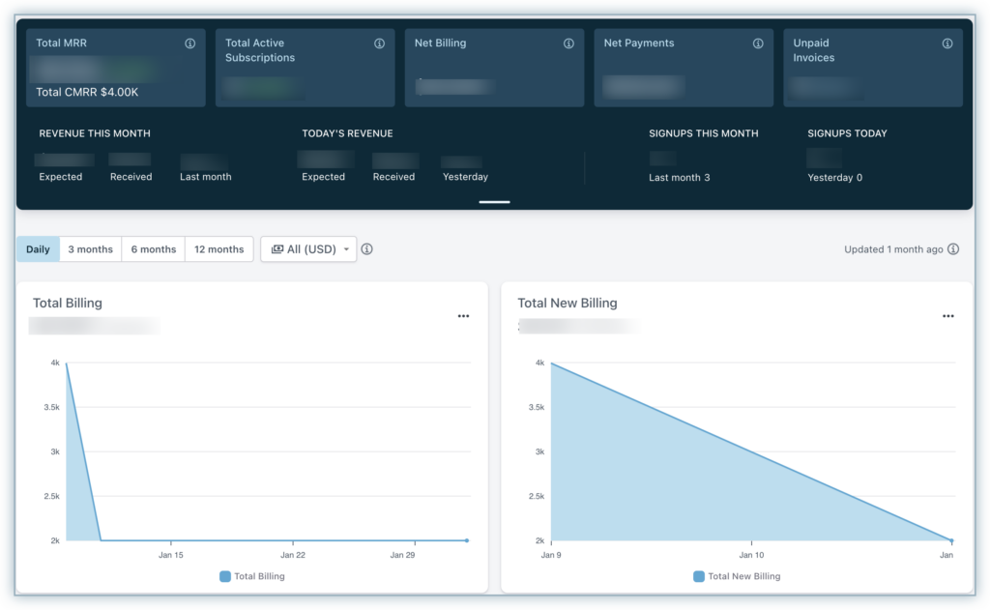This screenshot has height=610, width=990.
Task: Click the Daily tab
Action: coord(38,249)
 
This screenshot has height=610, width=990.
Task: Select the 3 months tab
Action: coord(90,249)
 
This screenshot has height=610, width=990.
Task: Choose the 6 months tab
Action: coord(154,249)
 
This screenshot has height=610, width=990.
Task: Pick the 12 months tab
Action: coord(219,249)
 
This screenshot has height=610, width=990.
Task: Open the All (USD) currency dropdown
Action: coord(308,249)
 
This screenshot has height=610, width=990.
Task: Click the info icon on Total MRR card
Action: coord(190,44)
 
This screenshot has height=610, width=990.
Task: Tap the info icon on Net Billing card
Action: coord(569,44)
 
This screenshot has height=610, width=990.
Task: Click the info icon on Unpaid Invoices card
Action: coord(947,44)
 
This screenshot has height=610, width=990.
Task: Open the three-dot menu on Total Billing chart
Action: coord(463,316)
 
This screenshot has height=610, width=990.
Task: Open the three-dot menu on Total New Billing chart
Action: coord(948,316)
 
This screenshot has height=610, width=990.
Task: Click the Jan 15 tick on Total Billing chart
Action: coord(171,555)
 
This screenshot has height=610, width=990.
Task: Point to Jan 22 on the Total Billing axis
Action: coord(293,555)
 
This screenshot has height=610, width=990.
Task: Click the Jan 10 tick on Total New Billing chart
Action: coord(751,555)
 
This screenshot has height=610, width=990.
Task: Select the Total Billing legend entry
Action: coord(252,576)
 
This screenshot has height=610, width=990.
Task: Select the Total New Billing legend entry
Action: coord(737,576)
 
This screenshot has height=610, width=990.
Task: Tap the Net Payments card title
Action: coord(639,44)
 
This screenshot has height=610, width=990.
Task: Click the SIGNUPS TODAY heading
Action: coord(847,133)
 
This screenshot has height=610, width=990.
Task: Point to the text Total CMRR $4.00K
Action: coord(87,92)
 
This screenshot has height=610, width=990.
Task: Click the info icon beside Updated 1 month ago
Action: coord(953,249)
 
